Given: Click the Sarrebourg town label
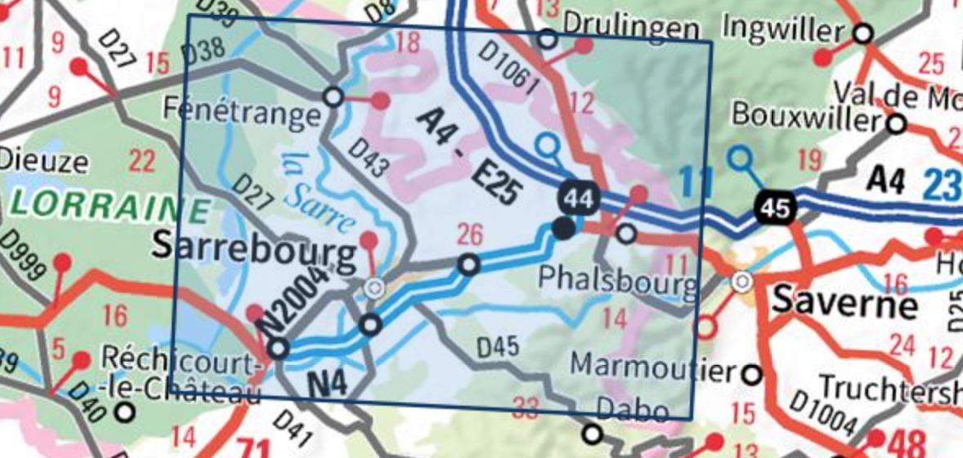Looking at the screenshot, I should [255, 254].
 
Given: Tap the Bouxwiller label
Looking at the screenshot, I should [808, 114].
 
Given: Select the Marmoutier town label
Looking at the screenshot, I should [653, 367].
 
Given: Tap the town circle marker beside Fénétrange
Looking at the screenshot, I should [333, 97].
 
